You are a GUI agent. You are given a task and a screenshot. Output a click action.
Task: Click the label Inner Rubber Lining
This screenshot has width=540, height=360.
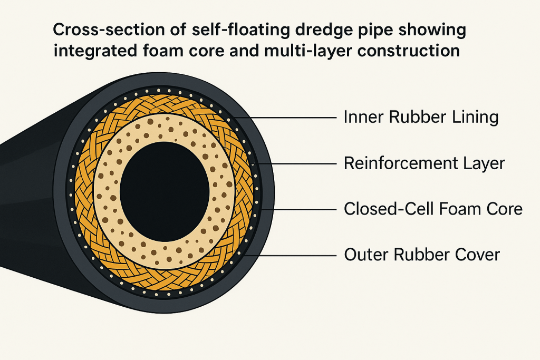(420, 117)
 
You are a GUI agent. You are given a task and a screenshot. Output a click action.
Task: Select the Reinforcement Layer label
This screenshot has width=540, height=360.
(424, 163)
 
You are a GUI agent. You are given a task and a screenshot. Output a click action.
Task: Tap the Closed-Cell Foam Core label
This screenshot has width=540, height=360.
(433, 209)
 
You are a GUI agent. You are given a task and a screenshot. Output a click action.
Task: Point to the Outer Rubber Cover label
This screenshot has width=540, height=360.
(422, 255)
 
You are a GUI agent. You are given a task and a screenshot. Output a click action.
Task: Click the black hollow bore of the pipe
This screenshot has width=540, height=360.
(159, 190)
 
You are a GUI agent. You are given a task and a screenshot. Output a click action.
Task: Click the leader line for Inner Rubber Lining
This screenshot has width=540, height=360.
(295, 117)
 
